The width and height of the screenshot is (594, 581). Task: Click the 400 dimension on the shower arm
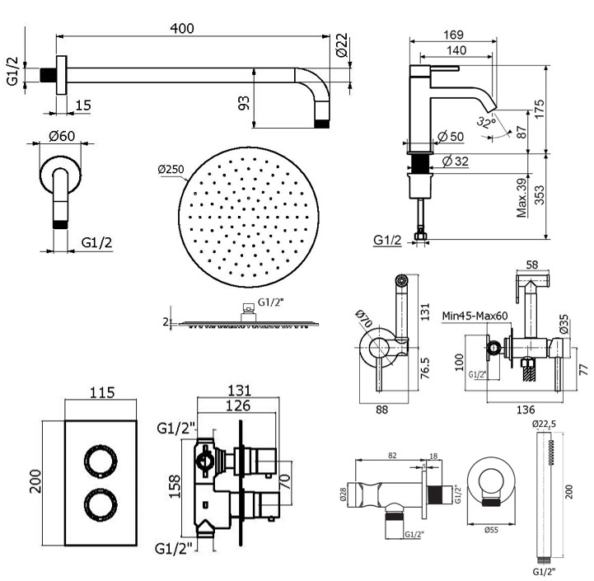pos(182,28)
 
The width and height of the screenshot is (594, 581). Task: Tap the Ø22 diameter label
pos(342,45)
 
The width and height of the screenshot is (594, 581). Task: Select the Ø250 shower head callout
pos(171,169)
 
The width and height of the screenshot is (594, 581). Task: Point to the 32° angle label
pos(486,123)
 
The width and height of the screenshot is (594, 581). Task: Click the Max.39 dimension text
pos(522,198)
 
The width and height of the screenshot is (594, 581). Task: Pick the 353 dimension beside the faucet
pos(539,194)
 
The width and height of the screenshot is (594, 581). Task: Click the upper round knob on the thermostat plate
pos(101,462)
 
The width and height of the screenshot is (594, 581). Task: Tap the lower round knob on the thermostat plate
pos(101,505)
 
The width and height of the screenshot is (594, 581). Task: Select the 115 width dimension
pos(102,392)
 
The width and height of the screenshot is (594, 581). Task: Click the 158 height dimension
pos(175,486)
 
